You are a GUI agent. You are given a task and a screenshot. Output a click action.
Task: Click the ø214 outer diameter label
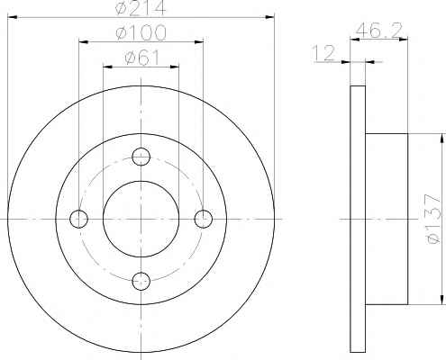click(x=141, y=7)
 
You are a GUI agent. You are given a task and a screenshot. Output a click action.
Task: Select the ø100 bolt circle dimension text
click(x=141, y=32)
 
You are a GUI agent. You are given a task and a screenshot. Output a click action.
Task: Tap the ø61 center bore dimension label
click(x=141, y=58)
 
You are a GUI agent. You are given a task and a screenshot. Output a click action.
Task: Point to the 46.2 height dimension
click(x=378, y=30)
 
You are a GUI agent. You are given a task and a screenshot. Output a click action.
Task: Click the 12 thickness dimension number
click(x=323, y=53)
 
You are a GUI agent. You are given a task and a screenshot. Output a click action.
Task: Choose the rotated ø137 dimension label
click(x=434, y=219)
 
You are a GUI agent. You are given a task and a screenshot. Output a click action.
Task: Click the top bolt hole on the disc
click(x=141, y=157)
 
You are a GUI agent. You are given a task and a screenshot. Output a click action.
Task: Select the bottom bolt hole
click(x=141, y=281)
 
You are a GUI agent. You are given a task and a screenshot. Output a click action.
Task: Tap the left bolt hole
click(x=78, y=219)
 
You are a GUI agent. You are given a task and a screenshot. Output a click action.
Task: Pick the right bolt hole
click(x=204, y=219)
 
